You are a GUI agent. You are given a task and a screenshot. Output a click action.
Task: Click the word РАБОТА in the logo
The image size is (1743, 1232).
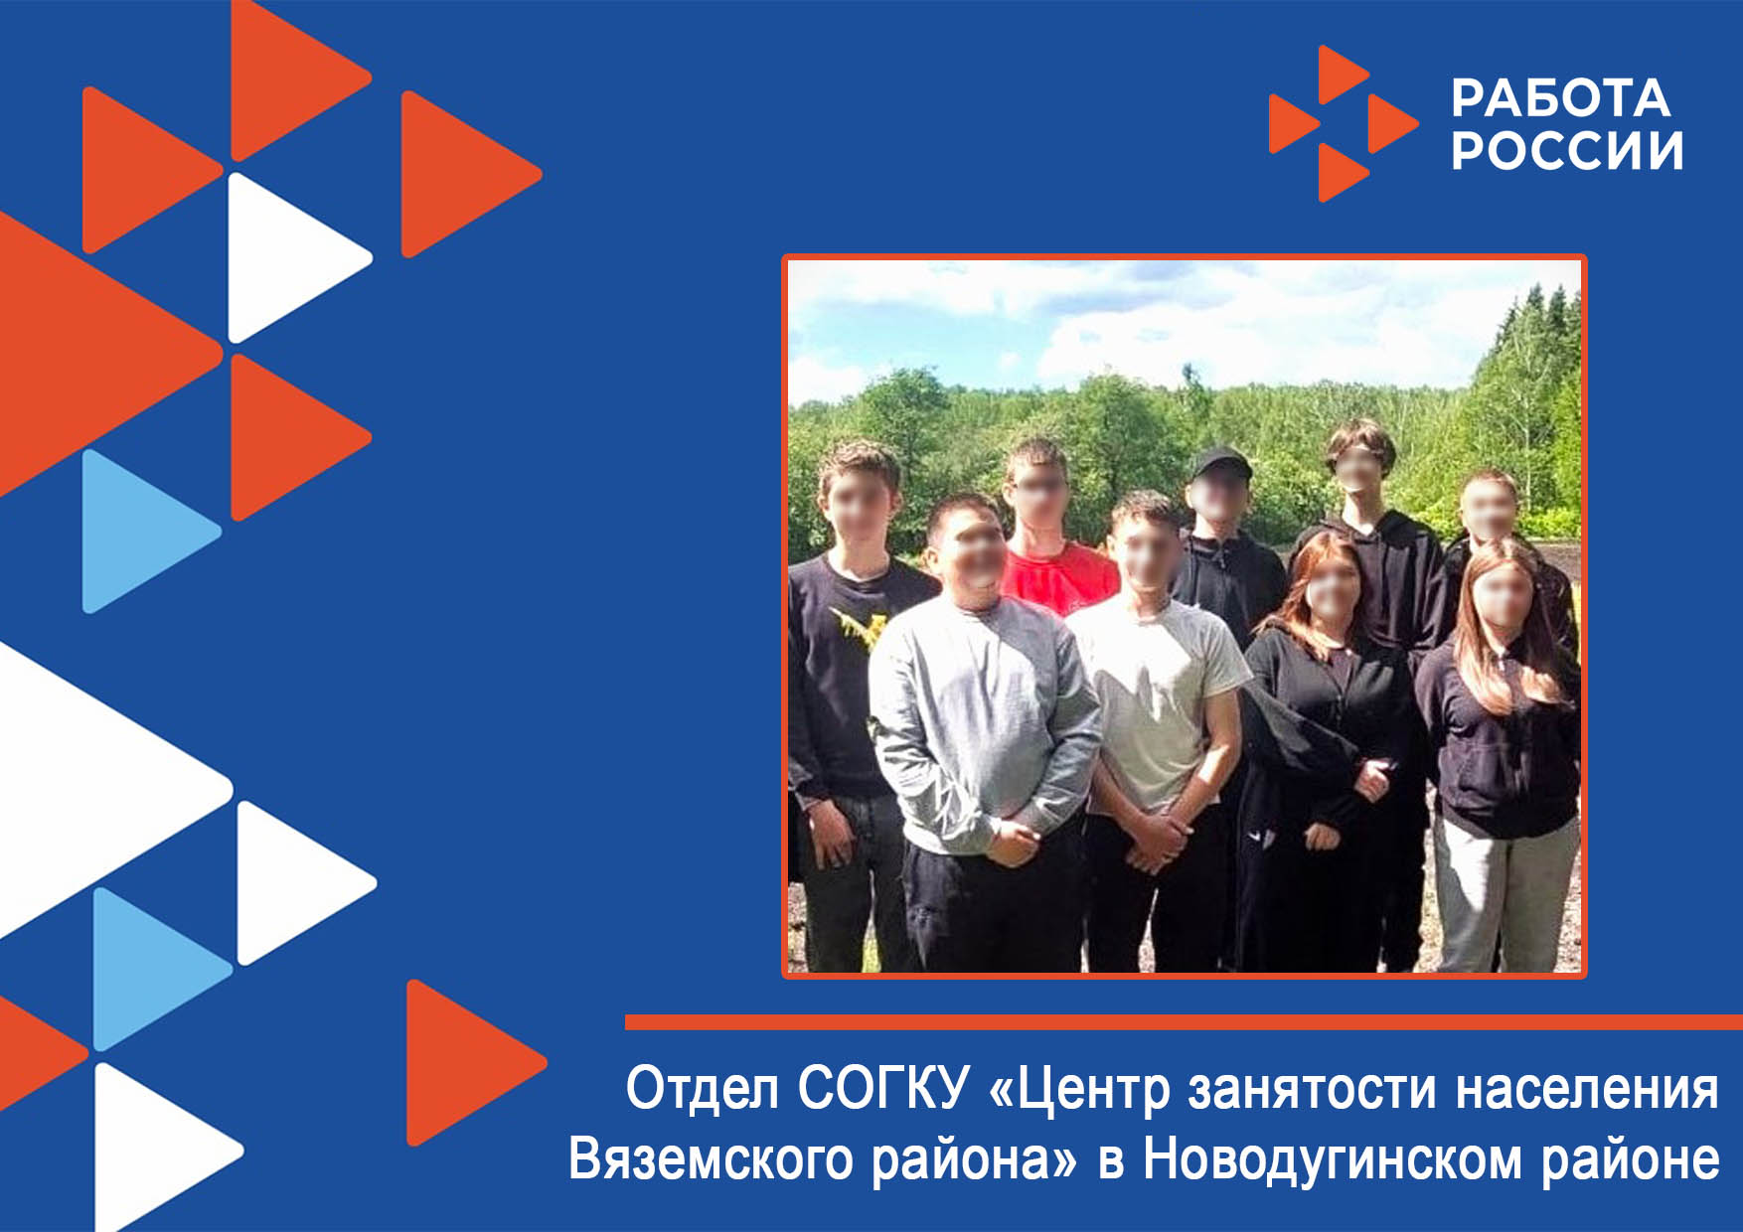tap(1560, 98)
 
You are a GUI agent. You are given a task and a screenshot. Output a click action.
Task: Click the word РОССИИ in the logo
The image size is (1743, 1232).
tap(1567, 150)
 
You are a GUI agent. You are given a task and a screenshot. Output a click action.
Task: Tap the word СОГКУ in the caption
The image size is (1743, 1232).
tap(882, 1088)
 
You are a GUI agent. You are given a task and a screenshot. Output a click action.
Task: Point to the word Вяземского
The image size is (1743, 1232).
tap(711, 1159)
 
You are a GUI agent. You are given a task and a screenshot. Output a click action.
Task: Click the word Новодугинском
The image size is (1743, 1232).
tap(1332, 1159)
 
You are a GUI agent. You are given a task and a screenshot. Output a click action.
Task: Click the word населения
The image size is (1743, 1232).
tap(1587, 1089)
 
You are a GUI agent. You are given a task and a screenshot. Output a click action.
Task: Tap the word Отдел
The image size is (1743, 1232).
tap(702, 1089)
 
